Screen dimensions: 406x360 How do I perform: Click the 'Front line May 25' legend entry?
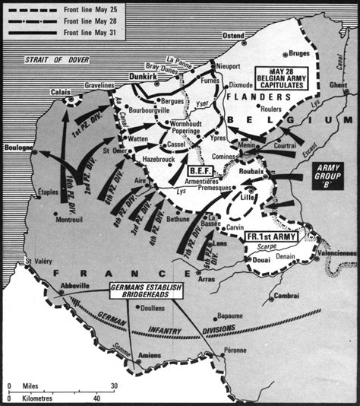pos(84,9)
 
